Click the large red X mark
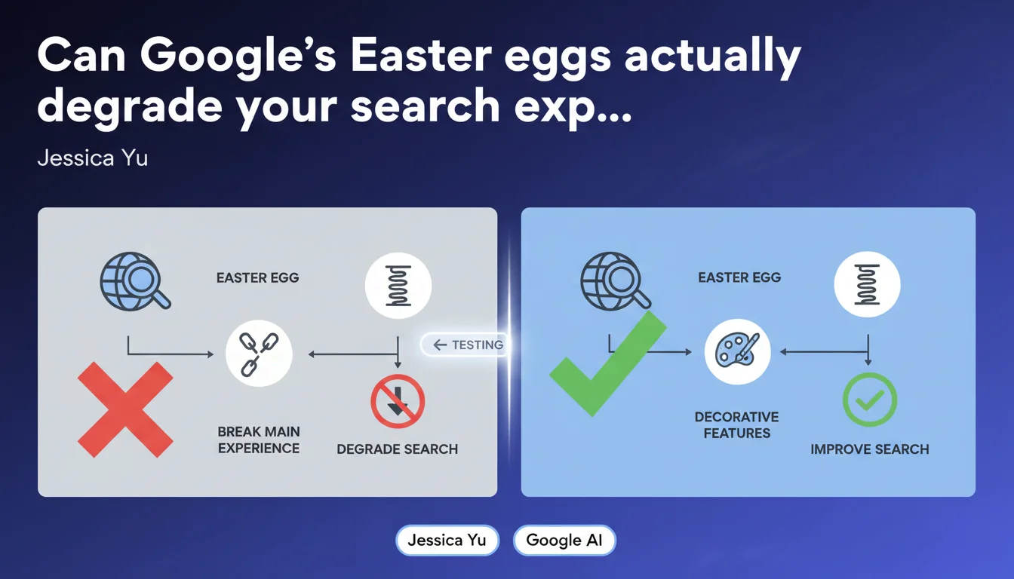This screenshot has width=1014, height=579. [125, 409]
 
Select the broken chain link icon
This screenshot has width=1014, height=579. [259, 354]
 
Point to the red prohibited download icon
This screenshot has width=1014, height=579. [398, 401]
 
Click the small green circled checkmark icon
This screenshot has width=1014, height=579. [870, 400]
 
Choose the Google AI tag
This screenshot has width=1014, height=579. [564, 540]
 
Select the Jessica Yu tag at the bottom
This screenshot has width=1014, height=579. [447, 540]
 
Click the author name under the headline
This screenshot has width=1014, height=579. [93, 158]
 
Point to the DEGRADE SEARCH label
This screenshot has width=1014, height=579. [398, 449]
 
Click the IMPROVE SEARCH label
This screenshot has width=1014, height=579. [870, 449]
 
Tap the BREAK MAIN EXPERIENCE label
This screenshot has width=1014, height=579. [259, 440]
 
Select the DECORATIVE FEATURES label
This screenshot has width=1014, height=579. [737, 424]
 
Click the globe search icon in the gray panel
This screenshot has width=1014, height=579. [135, 281]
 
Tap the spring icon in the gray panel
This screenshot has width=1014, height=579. [398, 286]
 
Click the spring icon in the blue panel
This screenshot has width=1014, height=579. [868, 284]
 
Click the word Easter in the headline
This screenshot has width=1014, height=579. [421, 55]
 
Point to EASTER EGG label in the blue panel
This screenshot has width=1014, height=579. [739, 277]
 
